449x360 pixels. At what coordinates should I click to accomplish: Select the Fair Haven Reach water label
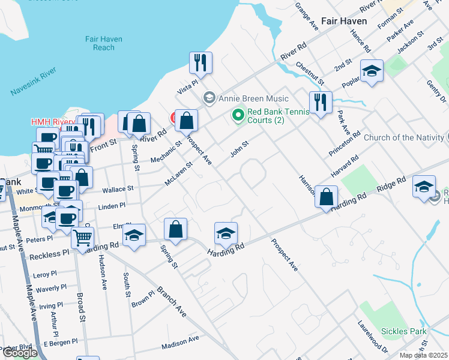point(104,43)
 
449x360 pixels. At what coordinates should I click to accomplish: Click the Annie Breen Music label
point(253,98)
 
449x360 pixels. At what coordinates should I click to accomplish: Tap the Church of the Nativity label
point(406,137)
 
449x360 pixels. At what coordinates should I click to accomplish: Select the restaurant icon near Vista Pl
point(200,62)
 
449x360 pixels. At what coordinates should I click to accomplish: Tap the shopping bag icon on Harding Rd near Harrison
point(326,196)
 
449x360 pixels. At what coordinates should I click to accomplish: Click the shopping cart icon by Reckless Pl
point(82,237)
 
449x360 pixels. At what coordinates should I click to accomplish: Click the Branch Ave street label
point(171,301)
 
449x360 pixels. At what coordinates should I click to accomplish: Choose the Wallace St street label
point(117,189)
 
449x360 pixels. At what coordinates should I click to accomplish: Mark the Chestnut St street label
point(310,73)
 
